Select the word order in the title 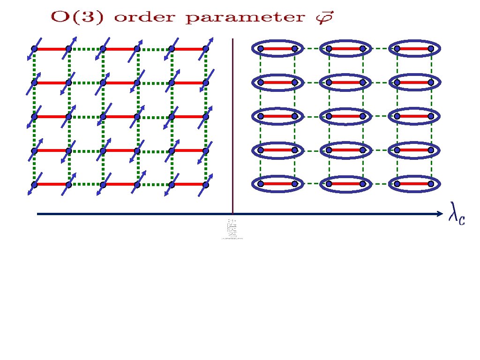click(140, 18)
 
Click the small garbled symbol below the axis click(232, 229)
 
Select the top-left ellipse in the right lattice click(277, 48)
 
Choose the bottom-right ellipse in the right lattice click(413, 184)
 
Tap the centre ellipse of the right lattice click(345, 116)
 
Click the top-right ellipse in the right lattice click(413, 48)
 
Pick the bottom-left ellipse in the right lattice click(277, 184)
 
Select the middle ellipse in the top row click(345, 48)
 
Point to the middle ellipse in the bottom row click(345, 184)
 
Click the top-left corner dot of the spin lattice click(34, 49)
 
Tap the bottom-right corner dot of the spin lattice click(205, 184)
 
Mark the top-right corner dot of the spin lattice click(205, 49)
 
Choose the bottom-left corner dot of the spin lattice click(34, 185)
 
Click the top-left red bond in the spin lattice click(51, 49)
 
